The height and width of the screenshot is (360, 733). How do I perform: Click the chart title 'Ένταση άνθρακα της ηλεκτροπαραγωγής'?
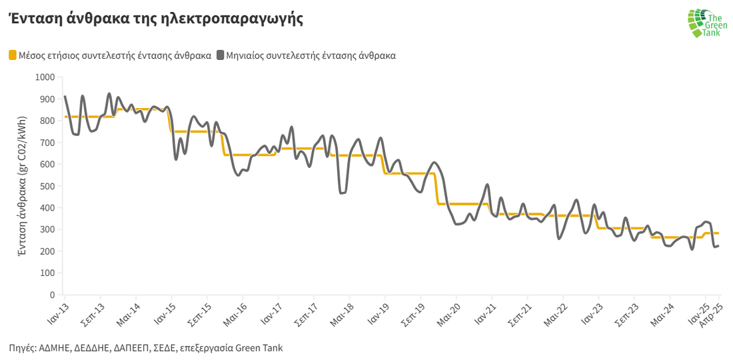pos(156,19)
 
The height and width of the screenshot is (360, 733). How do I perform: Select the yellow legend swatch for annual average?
pos(13,55)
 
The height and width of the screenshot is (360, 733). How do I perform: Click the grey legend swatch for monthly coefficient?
pos(220,55)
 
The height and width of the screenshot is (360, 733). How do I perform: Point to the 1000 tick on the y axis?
pos(44,77)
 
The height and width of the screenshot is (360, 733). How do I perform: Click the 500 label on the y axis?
pos(47,186)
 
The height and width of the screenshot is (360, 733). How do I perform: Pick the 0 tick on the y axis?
pos(51,295)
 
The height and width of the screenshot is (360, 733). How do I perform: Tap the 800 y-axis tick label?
pos(47,121)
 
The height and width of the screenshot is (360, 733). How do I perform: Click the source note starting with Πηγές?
pos(146,348)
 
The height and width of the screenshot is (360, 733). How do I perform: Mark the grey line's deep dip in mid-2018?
pos(342,193)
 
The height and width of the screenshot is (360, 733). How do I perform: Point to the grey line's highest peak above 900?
pos(109,94)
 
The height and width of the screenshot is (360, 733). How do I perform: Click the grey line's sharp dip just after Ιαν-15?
pos(176,159)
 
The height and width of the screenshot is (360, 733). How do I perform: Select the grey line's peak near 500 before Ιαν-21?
pos(488,185)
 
